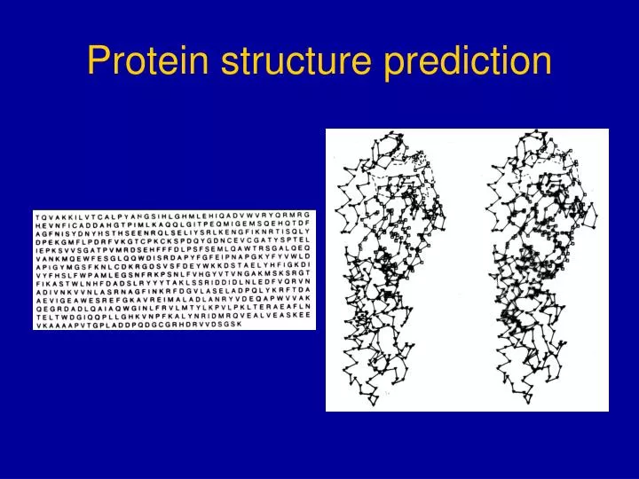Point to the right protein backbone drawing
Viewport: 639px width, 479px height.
point(541,271)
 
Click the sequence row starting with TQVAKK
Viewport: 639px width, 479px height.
point(174,216)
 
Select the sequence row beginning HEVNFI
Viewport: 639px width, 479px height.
point(174,224)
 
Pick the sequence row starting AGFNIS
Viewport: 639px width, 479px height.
point(174,232)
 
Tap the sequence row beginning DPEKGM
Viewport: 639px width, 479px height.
point(174,240)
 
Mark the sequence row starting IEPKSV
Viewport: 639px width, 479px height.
point(174,249)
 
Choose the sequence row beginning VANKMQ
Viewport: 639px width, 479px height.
point(174,257)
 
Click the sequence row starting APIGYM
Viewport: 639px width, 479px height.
point(174,265)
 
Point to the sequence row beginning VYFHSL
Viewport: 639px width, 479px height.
point(174,274)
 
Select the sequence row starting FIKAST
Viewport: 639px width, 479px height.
point(174,282)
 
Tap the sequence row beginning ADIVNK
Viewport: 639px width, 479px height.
point(174,290)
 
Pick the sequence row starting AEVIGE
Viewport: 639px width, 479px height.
point(174,299)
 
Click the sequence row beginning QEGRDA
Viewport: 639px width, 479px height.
point(174,307)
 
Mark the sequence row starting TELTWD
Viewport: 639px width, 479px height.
point(174,315)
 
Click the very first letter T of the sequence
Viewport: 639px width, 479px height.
point(37,216)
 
